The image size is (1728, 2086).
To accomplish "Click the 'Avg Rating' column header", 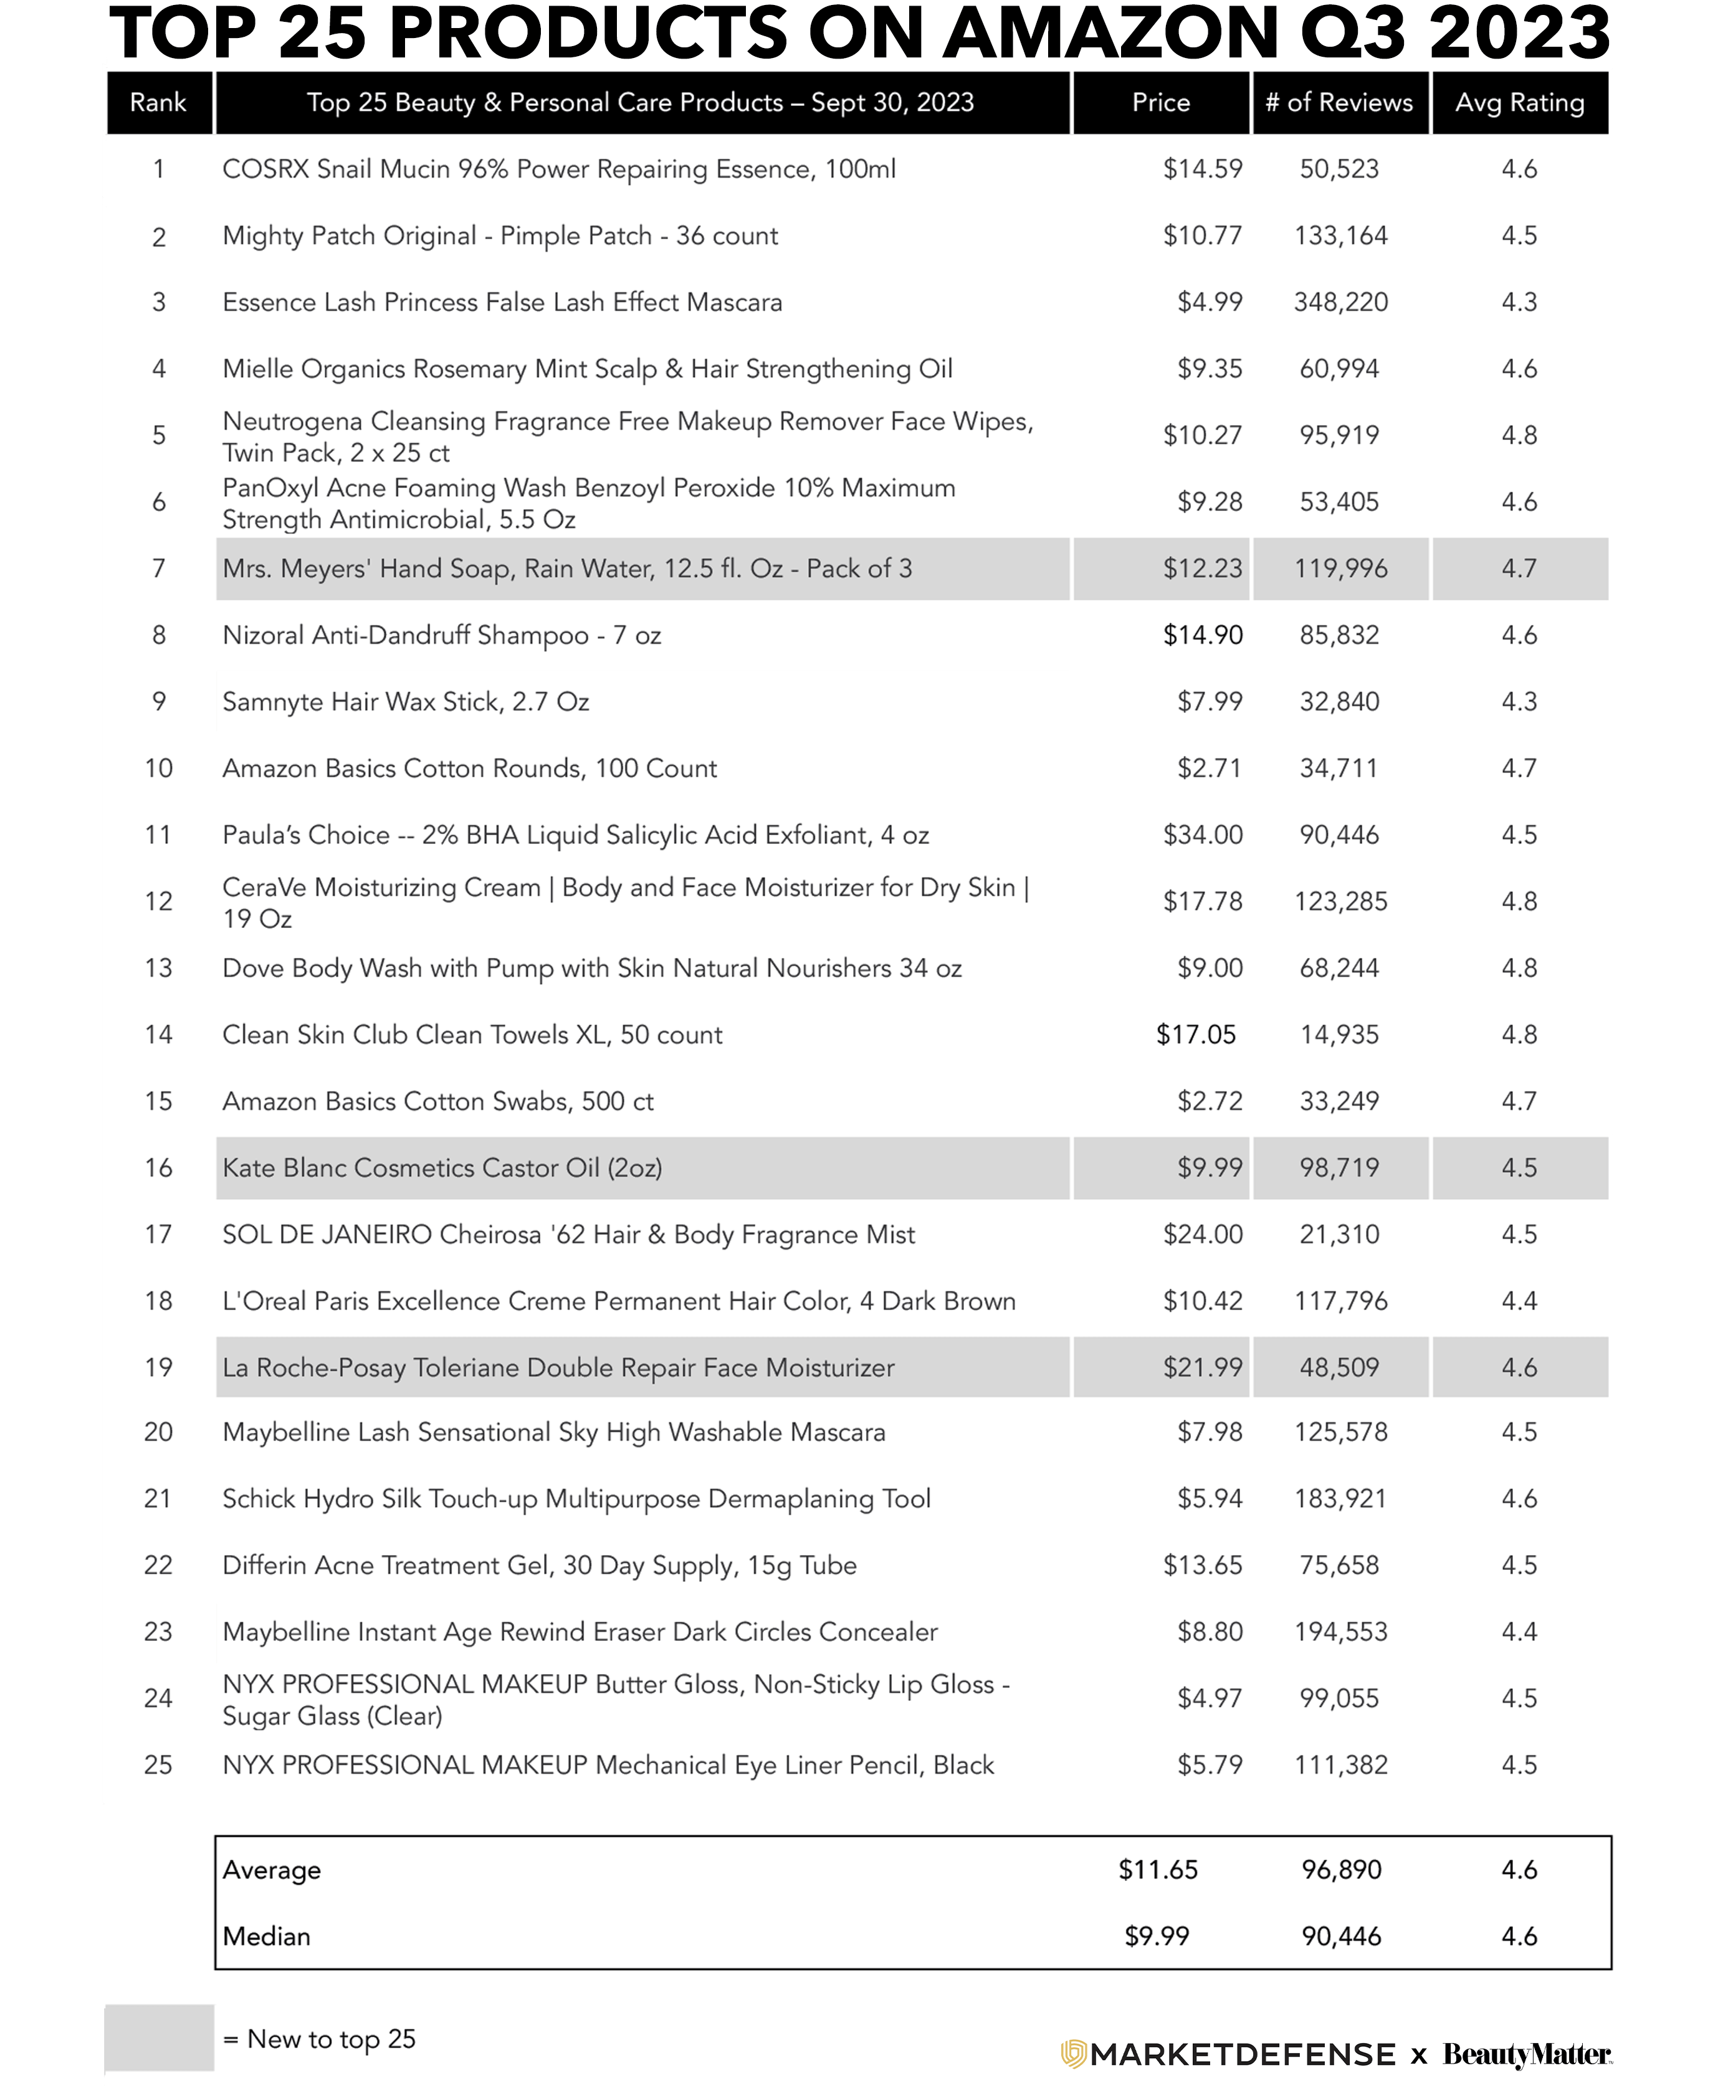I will (x=1519, y=102).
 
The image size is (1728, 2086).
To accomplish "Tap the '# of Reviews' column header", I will (x=1339, y=102).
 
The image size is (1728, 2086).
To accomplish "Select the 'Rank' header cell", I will (x=158, y=102).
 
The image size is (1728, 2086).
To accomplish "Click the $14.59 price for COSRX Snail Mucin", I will (x=1203, y=169).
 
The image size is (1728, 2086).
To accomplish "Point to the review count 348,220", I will (x=1340, y=302).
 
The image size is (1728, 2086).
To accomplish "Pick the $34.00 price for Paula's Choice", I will (x=1203, y=835).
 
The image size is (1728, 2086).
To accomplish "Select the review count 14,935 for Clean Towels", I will (x=1340, y=1034).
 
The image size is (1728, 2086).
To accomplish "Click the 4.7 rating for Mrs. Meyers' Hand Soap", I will (x=1519, y=568).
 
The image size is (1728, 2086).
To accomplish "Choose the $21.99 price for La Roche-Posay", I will (x=1203, y=1367).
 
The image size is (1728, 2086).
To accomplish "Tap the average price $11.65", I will (x=1158, y=1870).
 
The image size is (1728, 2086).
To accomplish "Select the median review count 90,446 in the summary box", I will (x=1340, y=1936).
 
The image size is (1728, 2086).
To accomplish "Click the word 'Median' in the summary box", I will (x=266, y=1936).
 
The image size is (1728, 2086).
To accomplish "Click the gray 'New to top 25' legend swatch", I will (x=159, y=2038).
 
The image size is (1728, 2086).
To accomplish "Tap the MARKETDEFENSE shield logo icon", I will (x=1072, y=2053).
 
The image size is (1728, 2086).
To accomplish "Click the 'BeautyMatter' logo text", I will (x=1526, y=2053).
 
